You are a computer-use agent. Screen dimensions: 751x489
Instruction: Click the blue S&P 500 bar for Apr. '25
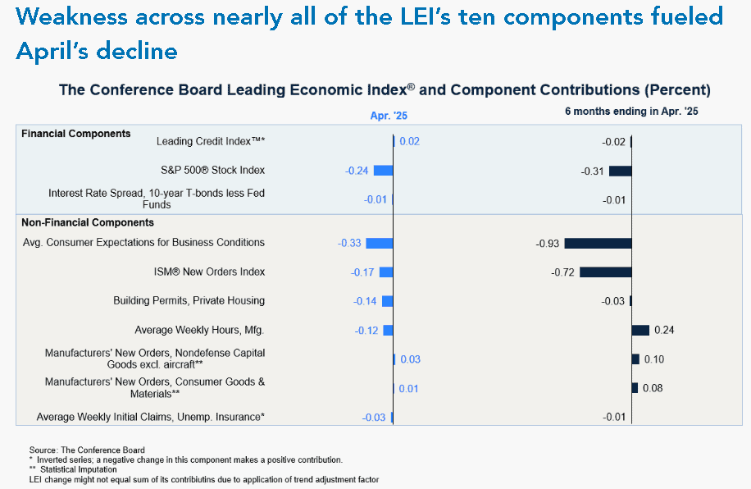383,170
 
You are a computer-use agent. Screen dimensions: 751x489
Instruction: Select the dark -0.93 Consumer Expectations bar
598,243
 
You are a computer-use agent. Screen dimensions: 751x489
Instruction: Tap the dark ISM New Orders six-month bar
605,272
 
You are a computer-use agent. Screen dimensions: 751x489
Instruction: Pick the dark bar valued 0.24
640,330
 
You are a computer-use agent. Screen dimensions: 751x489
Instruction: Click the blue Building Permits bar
388,301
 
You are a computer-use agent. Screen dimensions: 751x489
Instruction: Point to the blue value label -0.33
349,243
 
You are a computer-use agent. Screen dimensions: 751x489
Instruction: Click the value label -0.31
592,171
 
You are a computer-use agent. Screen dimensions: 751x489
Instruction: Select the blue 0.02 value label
409,141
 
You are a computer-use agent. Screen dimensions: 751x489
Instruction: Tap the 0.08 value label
653,388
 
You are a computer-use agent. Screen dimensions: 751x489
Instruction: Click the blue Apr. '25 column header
389,116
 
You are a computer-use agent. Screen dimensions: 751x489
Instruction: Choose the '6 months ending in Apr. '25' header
631,112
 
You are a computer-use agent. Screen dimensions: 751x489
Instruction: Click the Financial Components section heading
75,133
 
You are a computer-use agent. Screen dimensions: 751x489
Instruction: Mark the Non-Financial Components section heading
88,222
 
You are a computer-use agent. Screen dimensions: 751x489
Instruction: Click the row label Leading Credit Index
211,141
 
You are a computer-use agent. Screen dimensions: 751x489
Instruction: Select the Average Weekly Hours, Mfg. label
199,330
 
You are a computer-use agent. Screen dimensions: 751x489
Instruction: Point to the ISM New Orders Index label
209,272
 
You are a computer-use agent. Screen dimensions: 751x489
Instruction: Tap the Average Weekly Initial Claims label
150,417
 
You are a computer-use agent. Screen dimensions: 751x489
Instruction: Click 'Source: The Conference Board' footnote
87,450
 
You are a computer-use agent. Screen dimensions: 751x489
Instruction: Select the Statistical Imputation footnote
73,469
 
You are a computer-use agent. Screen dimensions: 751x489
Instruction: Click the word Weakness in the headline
71,16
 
